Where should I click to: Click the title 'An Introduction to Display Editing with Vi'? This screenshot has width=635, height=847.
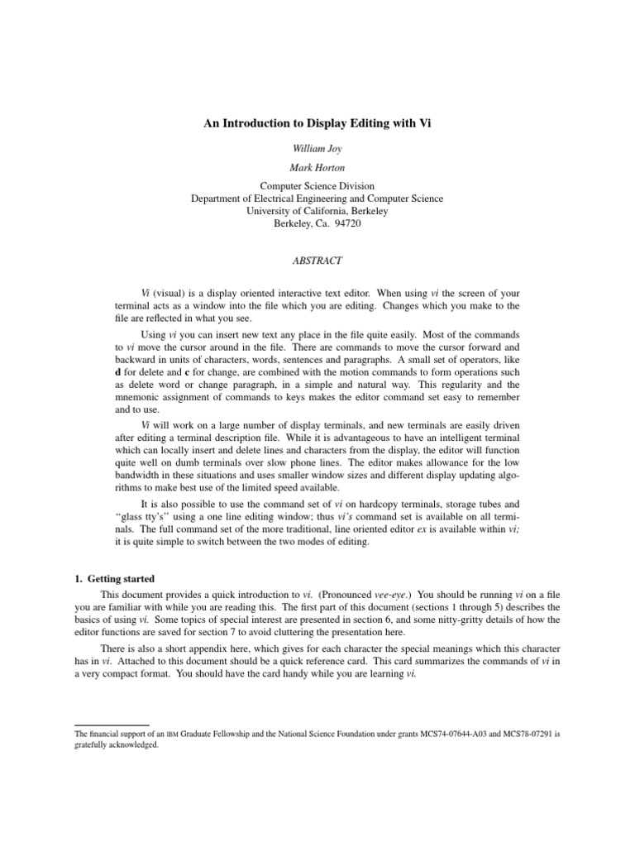click(x=317, y=123)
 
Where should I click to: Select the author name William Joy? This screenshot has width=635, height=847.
click(x=317, y=150)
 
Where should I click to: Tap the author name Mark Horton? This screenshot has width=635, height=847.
click(x=317, y=168)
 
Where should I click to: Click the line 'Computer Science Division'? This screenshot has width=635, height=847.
click(x=317, y=186)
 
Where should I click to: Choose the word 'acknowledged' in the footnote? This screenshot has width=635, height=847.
click(x=131, y=744)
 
